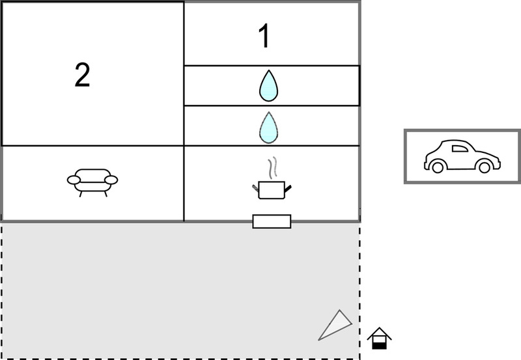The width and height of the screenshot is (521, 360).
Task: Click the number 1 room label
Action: click(x=264, y=36)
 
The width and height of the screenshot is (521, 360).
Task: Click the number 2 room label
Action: click(x=83, y=76)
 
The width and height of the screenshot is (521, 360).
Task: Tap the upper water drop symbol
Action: click(x=268, y=86)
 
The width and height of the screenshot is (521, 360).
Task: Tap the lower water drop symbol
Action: click(x=268, y=128)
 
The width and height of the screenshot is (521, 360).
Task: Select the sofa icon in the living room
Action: click(x=92, y=182)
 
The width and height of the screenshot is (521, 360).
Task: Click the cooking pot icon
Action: click(x=272, y=190)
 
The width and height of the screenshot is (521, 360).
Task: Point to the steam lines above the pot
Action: click(x=272, y=168)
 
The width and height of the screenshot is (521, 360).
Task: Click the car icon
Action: click(x=462, y=156)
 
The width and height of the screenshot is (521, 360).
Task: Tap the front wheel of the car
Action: click(x=484, y=167)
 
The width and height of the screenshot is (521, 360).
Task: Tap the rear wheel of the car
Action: click(x=438, y=167)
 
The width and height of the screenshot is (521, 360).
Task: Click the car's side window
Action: click(x=460, y=148)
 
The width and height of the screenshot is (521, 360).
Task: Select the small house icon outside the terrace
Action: click(x=379, y=338)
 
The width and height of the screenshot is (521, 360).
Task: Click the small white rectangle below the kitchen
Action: click(x=272, y=221)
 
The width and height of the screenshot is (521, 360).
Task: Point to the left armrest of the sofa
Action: click(x=74, y=180)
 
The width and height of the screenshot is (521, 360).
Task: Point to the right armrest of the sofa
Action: click(x=111, y=180)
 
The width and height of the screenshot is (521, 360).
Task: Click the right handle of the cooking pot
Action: click(x=288, y=189)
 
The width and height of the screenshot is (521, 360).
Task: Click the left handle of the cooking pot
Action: click(x=255, y=188)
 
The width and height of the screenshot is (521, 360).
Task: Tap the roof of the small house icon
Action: click(x=379, y=333)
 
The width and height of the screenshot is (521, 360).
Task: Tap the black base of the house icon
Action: click(x=379, y=346)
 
